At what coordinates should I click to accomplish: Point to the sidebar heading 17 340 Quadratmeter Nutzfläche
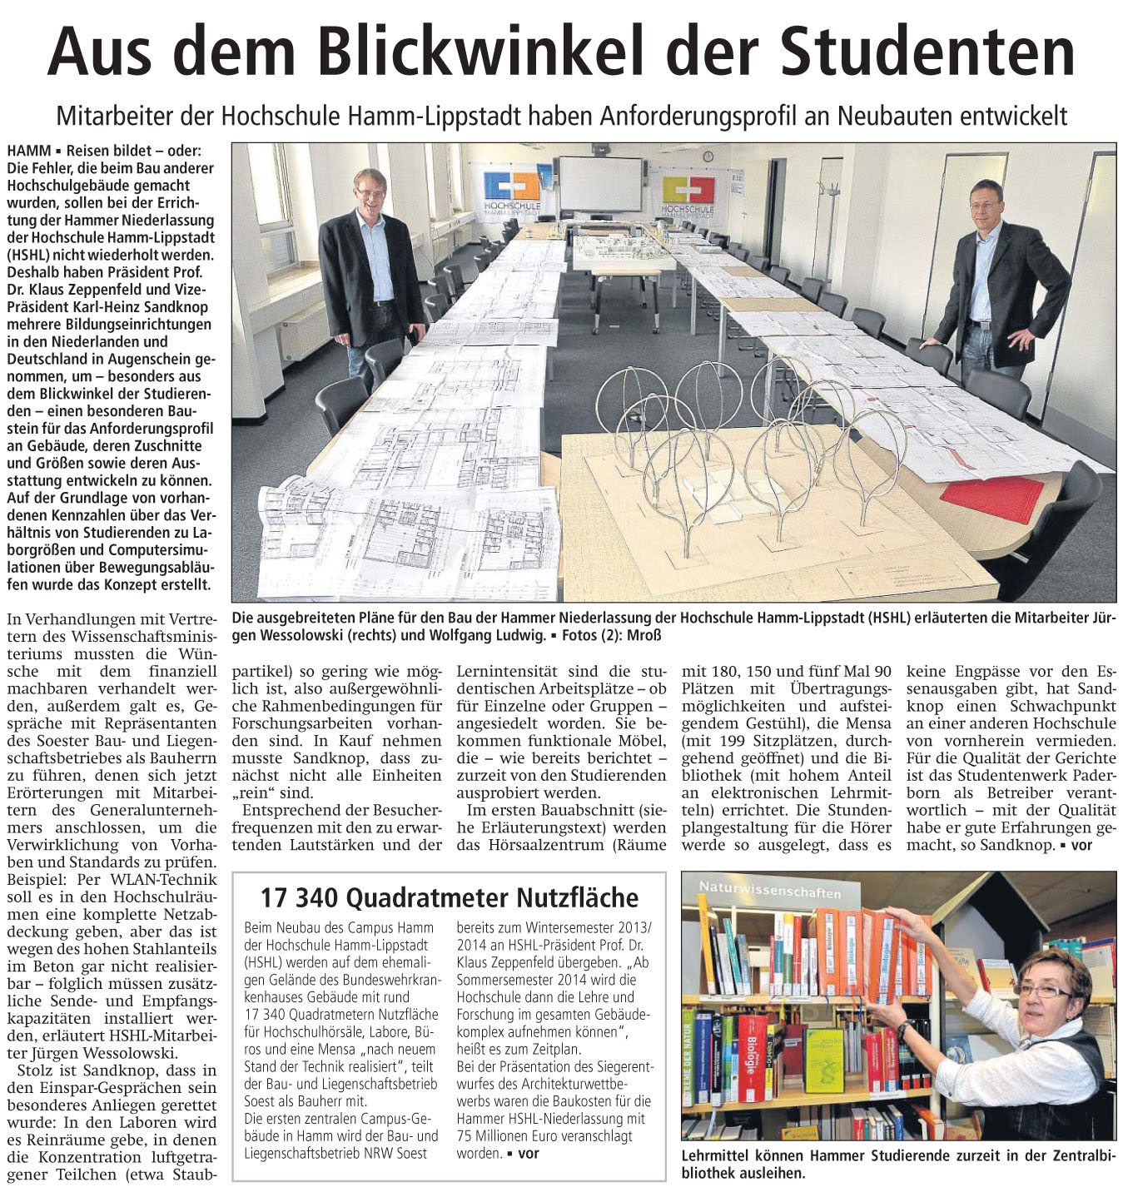pyautogui.click(x=449, y=897)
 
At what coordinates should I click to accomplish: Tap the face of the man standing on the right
pyautogui.click(x=985, y=202)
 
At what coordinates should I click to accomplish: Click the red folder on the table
pyautogui.click(x=991, y=496)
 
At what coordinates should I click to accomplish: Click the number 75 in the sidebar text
pyautogui.click(x=465, y=1135)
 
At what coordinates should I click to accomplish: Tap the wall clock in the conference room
pyautogui.click(x=708, y=156)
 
